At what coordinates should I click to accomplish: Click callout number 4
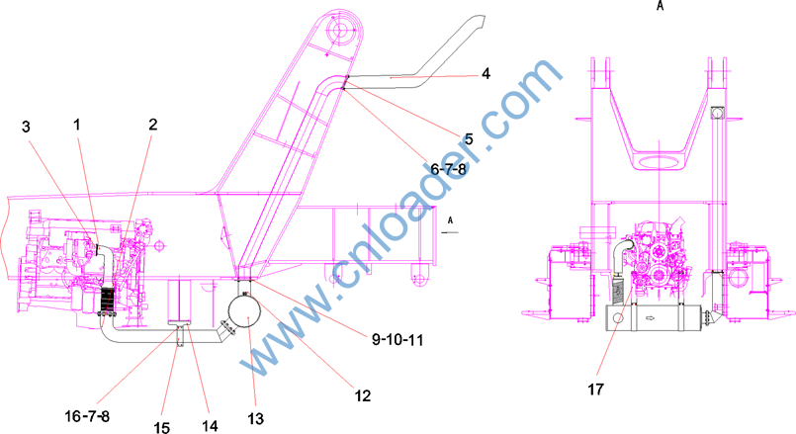pos(486,73)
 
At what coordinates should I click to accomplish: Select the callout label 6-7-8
pos(448,169)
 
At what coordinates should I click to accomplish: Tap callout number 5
pos(469,139)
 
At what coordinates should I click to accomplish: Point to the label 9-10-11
pos(398,339)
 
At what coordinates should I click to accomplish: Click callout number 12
pos(363,395)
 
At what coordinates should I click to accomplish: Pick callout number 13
pos(256,419)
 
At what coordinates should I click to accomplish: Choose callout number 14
pos(211,426)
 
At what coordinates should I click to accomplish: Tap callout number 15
pos(162,427)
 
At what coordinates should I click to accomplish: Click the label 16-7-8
pos(87,416)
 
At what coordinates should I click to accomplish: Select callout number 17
pos(596,390)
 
